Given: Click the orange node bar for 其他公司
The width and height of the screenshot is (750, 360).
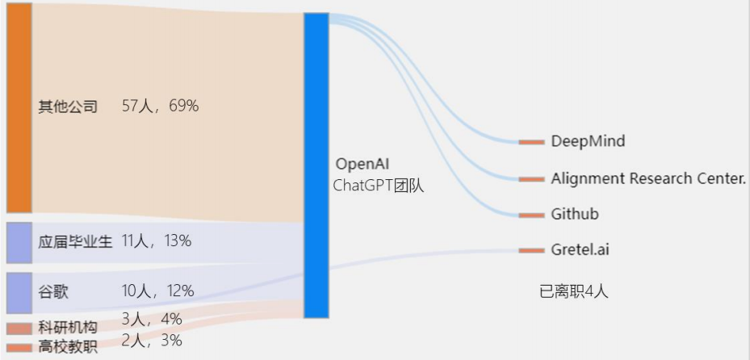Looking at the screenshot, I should coord(19,107).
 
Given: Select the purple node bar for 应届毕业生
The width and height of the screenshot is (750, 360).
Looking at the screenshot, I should coord(19,242).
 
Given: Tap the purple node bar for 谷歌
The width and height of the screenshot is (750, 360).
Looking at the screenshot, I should coord(19,292).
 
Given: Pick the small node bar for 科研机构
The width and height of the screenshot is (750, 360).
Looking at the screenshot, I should coord(19,329).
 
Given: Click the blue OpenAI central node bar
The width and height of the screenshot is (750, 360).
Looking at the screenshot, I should coord(316,165).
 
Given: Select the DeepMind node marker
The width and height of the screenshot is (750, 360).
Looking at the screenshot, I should coord(531,142).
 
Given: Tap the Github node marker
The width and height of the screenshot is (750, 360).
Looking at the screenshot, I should coord(531,215).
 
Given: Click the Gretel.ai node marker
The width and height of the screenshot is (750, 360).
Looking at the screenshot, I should coord(531,250).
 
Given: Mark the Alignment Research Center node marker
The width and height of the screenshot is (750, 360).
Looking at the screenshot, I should coord(531,178).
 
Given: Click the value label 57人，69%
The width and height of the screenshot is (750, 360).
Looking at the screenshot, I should coord(160,106).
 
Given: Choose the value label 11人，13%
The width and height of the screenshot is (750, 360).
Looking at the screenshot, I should coord(157,241).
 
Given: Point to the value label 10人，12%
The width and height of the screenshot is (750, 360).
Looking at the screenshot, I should coord(157,291).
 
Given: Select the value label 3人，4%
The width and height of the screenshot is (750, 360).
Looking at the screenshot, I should coord(152,319).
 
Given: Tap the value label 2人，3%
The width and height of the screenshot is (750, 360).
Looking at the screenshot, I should coord(152,341).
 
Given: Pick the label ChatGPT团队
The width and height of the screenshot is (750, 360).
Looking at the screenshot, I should coord(378,186).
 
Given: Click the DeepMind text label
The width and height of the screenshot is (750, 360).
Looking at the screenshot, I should coord(588,141).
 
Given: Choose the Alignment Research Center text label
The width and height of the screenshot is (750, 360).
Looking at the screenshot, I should coord(648,178).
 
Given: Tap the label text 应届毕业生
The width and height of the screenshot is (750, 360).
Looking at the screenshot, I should coord(75,241).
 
